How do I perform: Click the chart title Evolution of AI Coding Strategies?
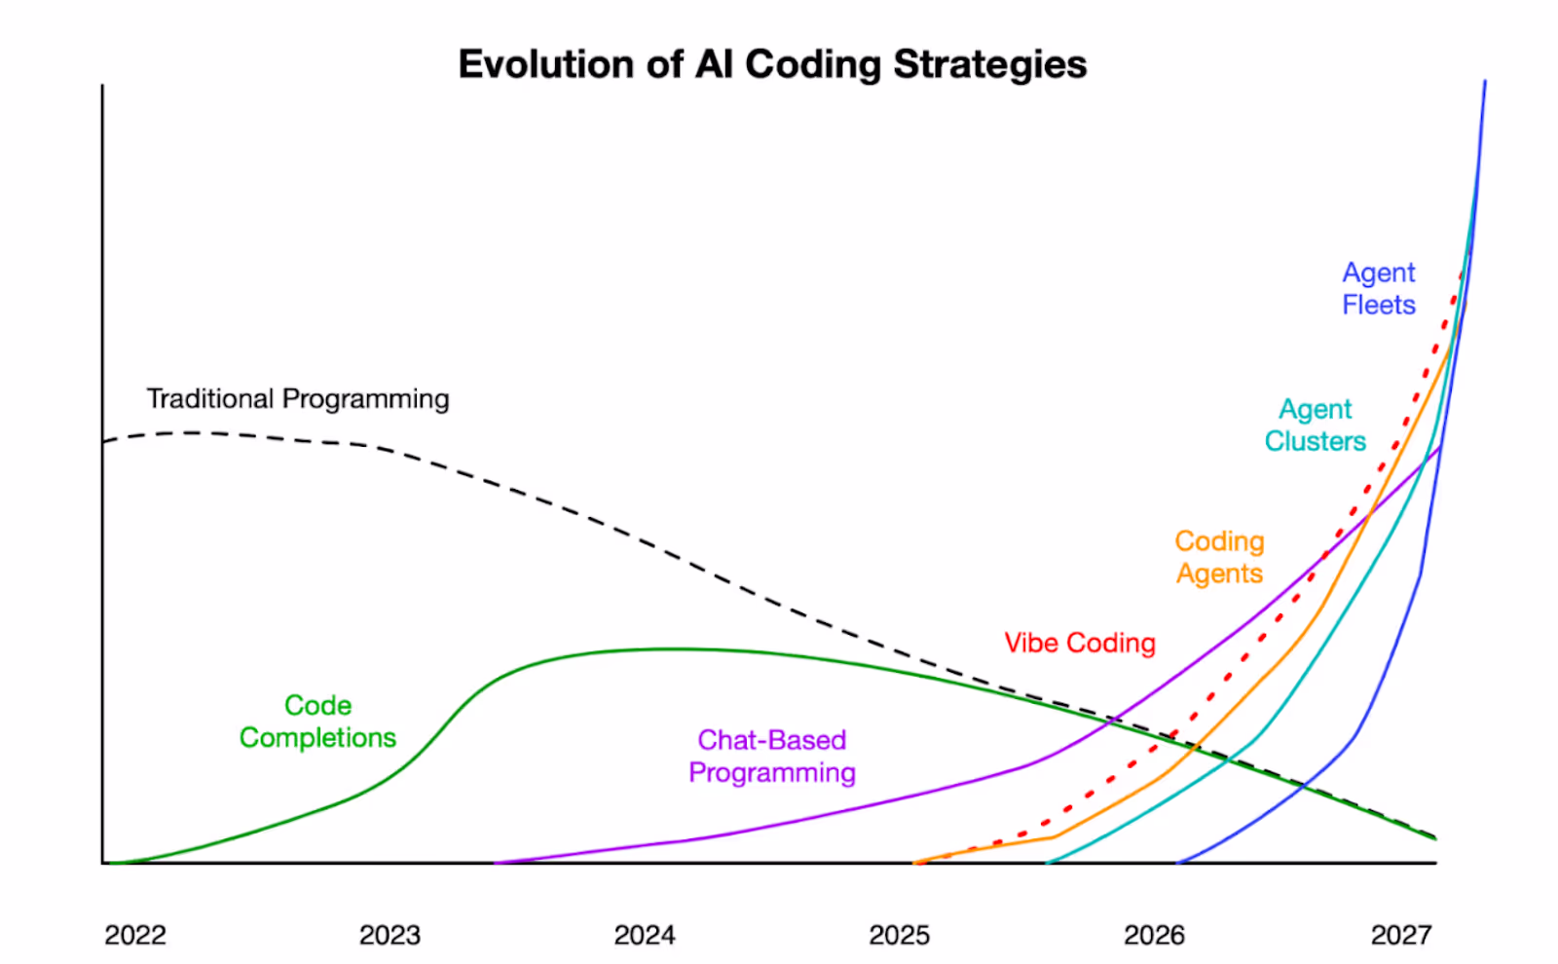click(772, 64)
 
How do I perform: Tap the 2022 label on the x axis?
click(135, 935)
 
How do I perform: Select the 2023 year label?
click(389, 935)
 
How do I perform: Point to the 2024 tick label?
click(645, 935)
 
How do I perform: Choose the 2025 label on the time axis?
click(899, 935)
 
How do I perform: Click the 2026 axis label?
click(1154, 935)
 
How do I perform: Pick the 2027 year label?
click(1401, 935)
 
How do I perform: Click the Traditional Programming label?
click(298, 399)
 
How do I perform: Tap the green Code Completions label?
click(317, 722)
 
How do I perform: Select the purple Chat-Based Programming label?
click(771, 757)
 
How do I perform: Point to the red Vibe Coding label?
click(1080, 643)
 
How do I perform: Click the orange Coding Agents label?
click(1219, 557)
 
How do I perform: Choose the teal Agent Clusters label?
click(1315, 426)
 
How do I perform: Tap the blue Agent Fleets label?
click(1378, 289)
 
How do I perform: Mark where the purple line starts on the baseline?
click(497, 862)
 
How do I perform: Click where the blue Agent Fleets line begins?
click(1178, 862)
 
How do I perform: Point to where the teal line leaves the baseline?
click(1048, 862)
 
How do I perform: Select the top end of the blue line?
click(1485, 82)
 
